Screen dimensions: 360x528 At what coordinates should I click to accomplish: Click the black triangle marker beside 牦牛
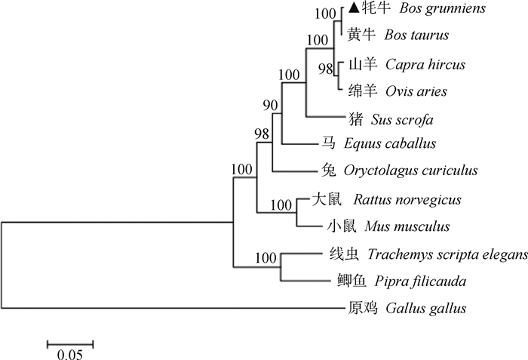click(355, 10)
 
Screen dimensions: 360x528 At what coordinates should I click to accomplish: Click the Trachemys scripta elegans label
click(448, 256)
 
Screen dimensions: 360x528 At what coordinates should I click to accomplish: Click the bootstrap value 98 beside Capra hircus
click(325, 69)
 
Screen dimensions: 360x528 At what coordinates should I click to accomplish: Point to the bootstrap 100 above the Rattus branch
click(281, 204)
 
